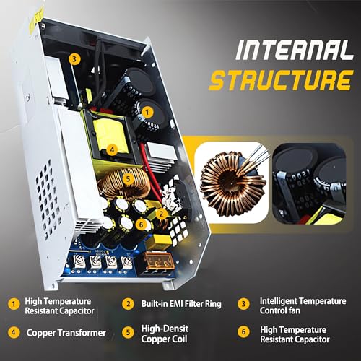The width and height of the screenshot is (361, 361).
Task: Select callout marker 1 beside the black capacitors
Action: click(x=147, y=111)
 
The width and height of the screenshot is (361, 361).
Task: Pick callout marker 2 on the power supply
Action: click(x=163, y=213)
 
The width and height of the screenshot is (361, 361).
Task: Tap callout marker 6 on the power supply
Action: click(x=142, y=225)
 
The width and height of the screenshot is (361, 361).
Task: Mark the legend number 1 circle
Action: click(x=14, y=304)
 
